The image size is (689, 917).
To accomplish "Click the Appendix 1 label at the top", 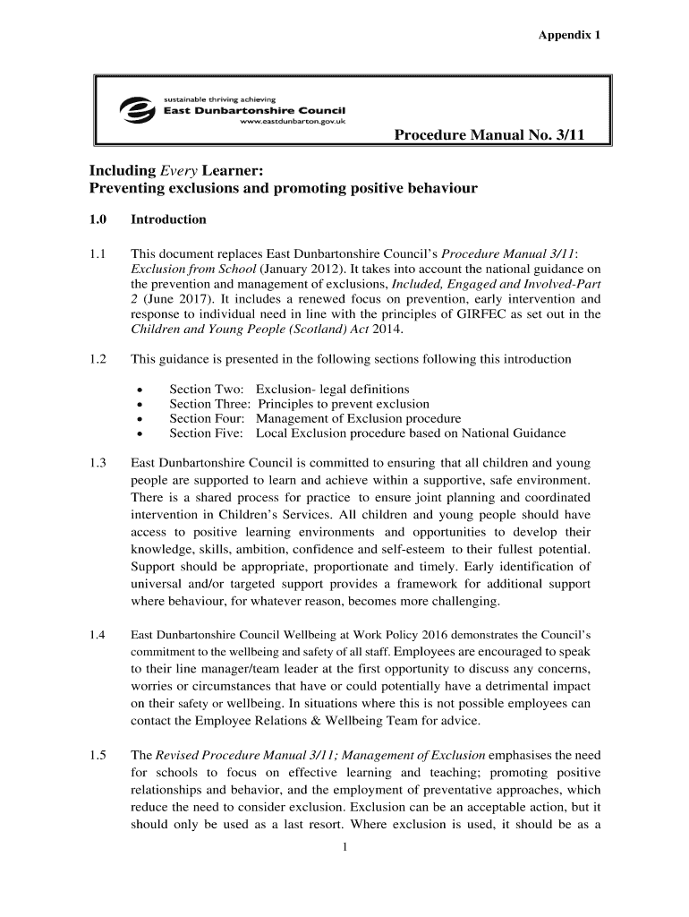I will tap(568, 35).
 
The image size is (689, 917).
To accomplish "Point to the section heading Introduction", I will tap(168, 219).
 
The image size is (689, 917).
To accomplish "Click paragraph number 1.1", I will tap(98, 253).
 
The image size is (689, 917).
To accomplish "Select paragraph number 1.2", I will tap(98, 359).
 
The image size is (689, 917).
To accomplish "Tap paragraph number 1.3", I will tap(98, 463).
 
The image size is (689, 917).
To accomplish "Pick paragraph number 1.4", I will tap(98, 635).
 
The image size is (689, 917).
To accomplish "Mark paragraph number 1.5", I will tap(98, 756).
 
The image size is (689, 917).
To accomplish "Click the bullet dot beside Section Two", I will tap(140, 390).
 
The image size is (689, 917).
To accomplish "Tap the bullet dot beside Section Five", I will tap(140, 433).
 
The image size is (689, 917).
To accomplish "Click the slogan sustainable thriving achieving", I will tap(218, 99).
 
